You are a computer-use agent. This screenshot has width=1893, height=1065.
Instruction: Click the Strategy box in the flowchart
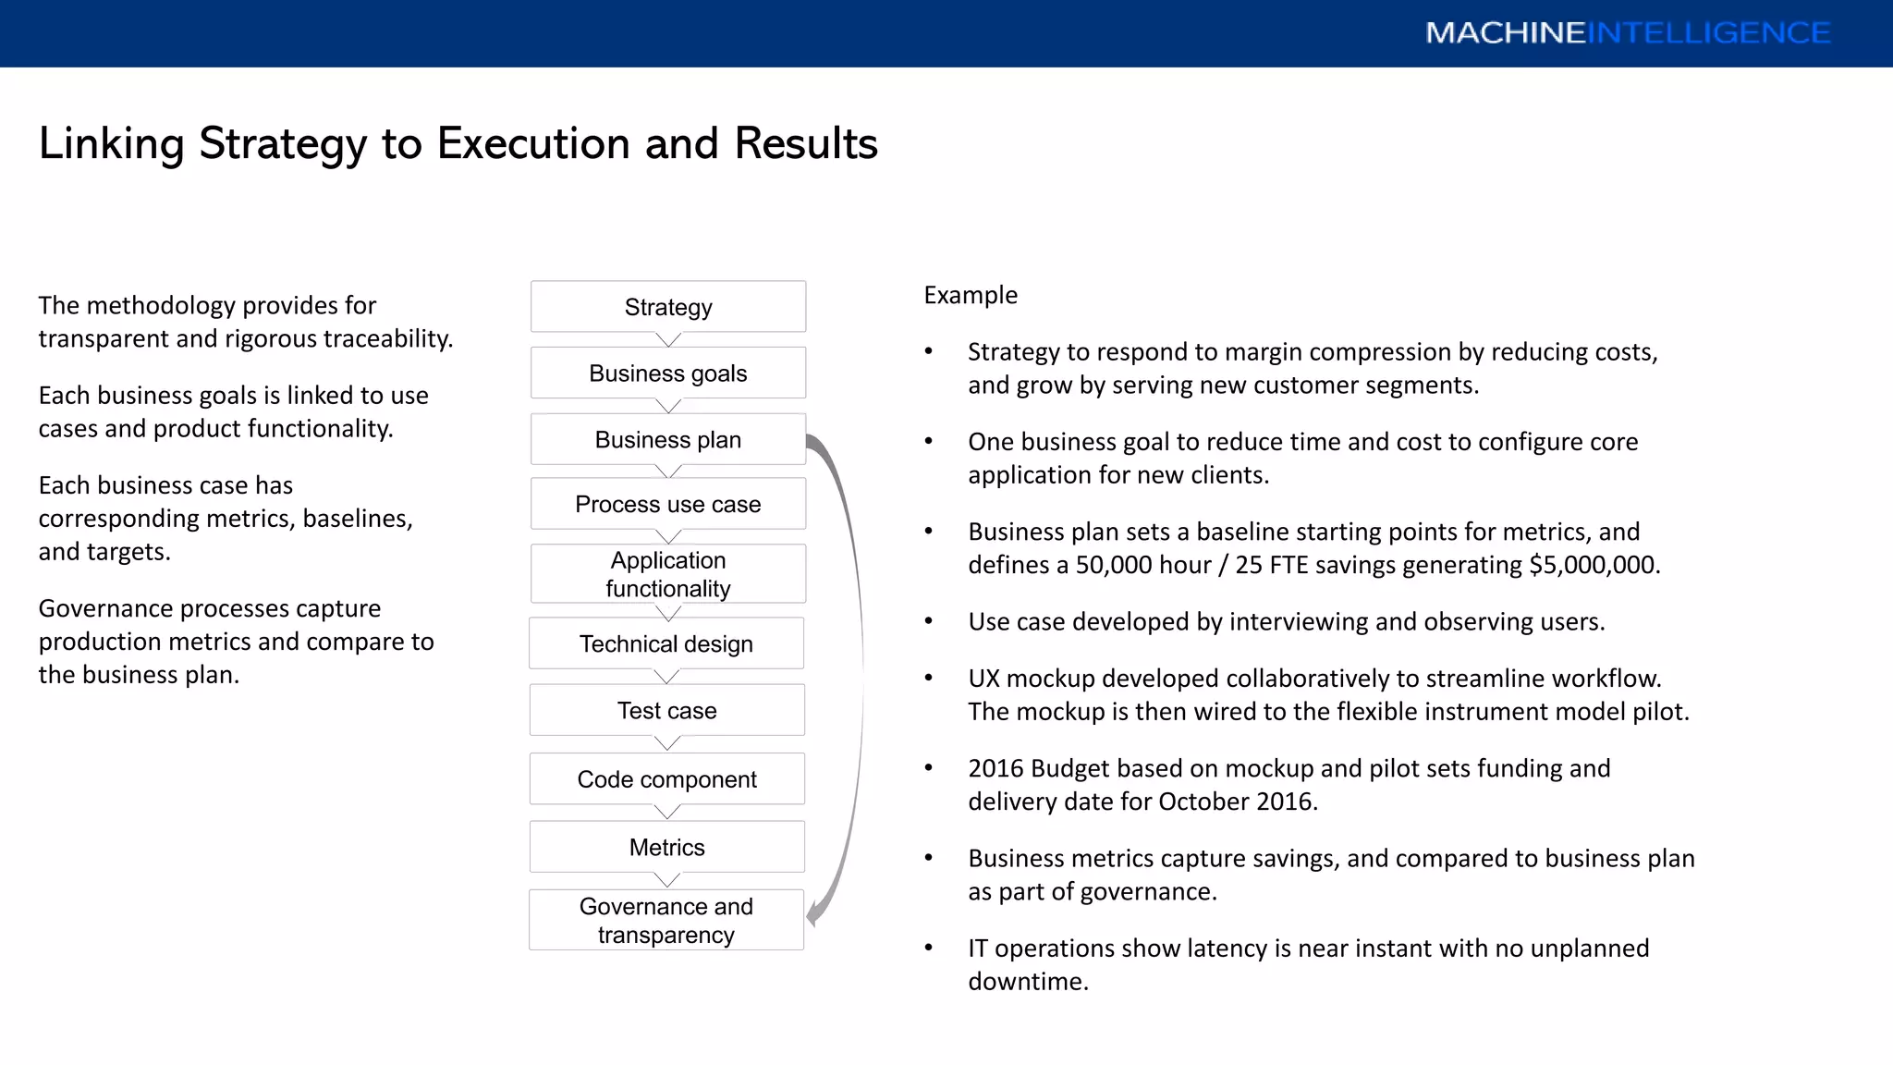(x=668, y=307)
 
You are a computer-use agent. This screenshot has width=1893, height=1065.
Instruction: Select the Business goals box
(x=668, y=373)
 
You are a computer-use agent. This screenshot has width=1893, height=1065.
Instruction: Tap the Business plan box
(x=668, y=440)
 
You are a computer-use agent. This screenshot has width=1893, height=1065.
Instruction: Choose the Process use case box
(x=668, y=505)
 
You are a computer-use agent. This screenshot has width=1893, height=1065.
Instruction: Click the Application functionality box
(x=668, y=574)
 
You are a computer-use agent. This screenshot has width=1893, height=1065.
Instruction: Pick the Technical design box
(x=666, y=643)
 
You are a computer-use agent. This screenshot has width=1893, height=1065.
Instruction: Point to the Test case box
(x=666, y=710)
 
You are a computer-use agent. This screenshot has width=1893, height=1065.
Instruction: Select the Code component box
(x=666, y=779)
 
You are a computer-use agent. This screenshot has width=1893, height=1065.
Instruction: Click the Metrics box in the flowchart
(x=666, y=847)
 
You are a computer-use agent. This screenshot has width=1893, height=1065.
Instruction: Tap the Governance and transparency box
(x=666, y=920)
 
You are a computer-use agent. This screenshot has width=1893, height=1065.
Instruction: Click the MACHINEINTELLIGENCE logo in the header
(x=1627, y=33)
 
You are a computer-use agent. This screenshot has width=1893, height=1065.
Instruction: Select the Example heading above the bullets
(x=971, y=295)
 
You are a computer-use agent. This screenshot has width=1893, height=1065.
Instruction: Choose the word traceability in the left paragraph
(x=388, y=339)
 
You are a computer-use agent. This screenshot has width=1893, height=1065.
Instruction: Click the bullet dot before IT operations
(x=929, y=949)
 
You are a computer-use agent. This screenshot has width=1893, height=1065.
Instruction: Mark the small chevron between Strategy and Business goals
(x=668, y=340)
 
